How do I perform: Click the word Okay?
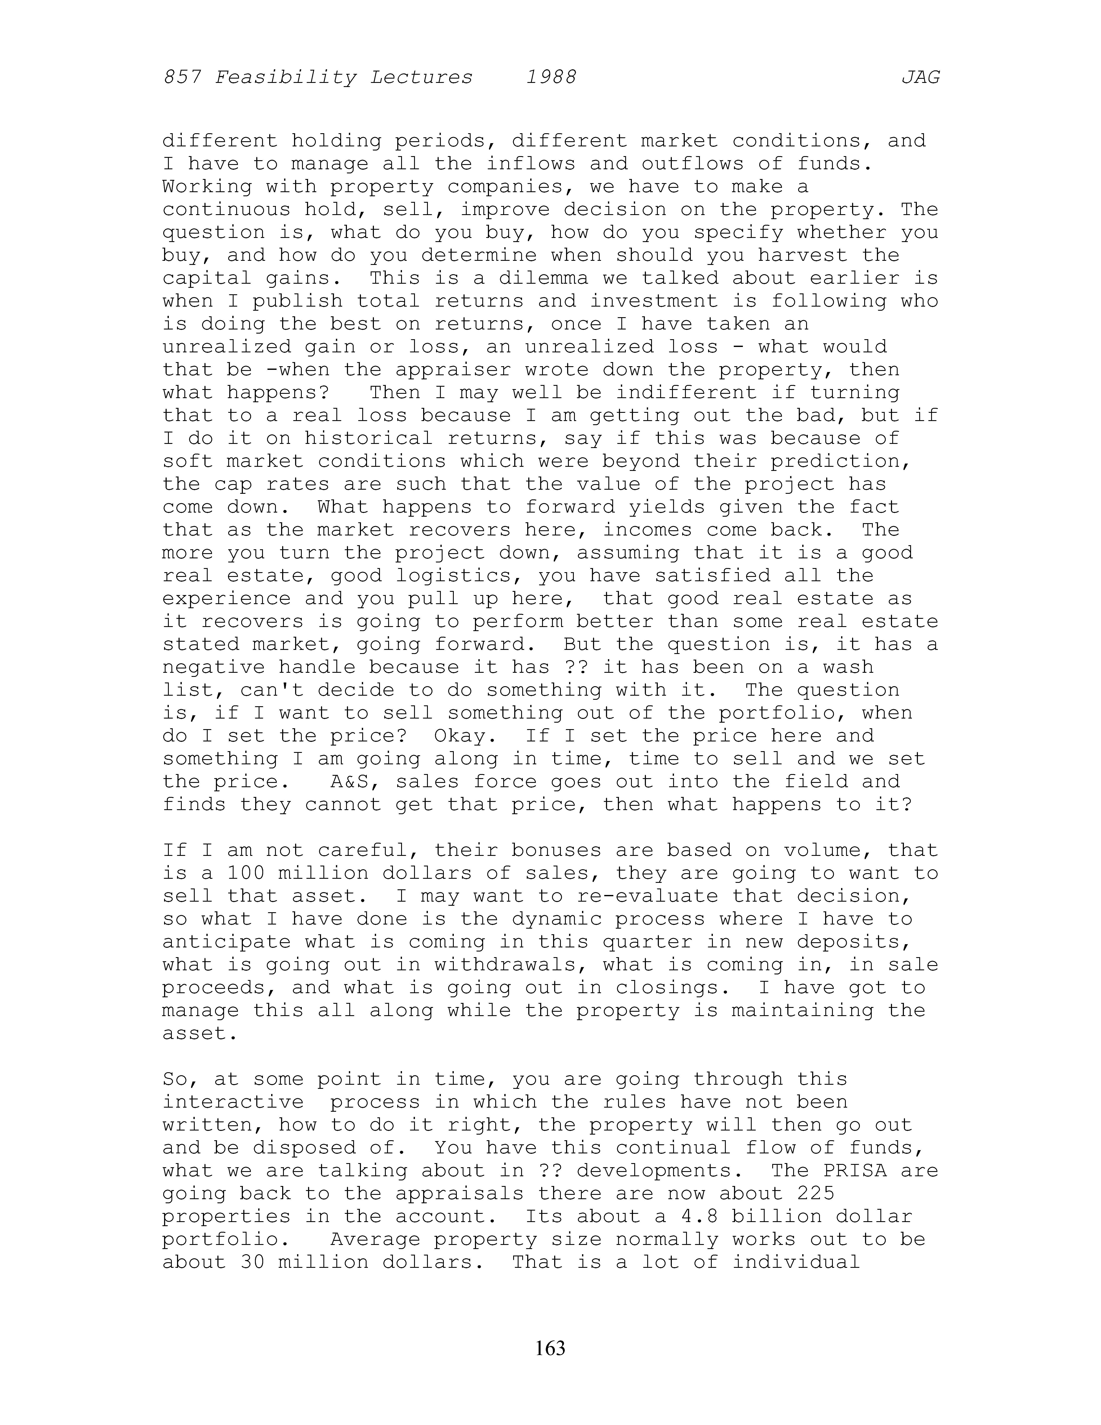[460, 736]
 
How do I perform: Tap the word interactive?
[233, 1102]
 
